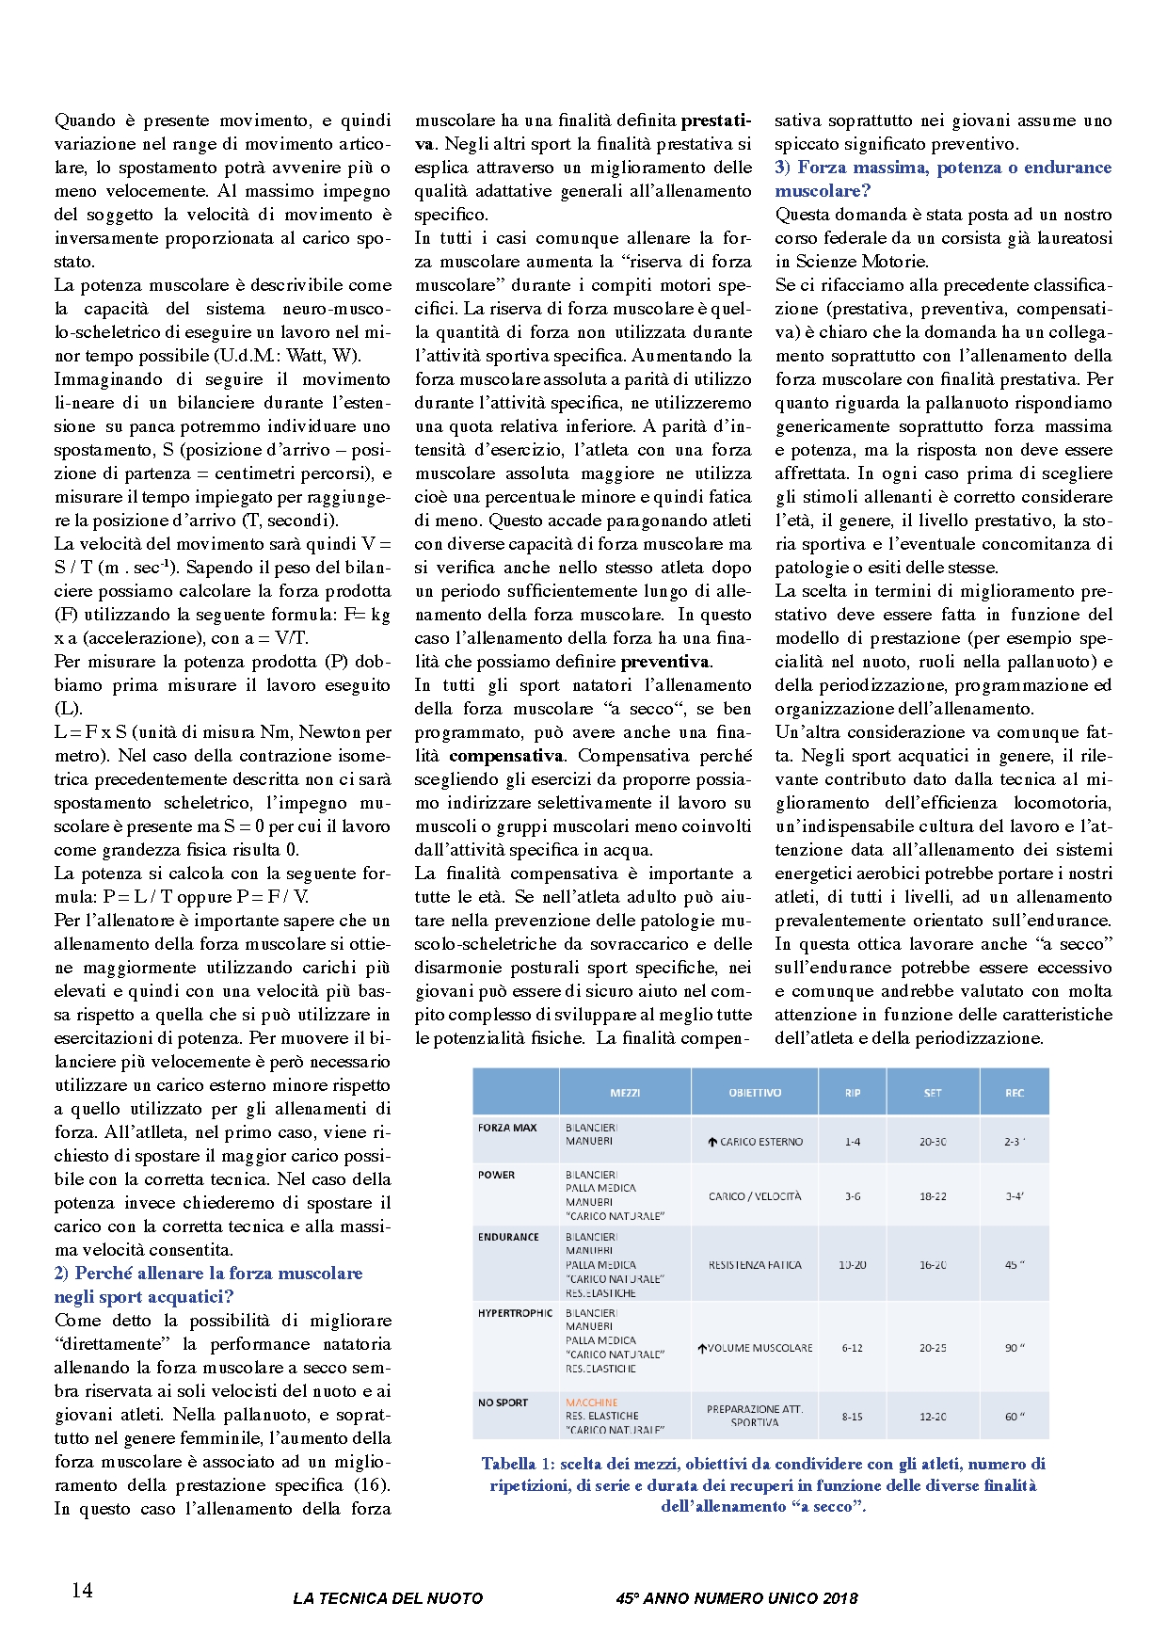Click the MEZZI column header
point(625,1093)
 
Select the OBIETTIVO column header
point(754,1093)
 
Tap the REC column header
point(1014,1093)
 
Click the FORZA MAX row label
point(507,1128)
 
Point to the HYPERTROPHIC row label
point(515,1313)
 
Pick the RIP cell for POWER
point(852,1196)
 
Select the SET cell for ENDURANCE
point(933,1265)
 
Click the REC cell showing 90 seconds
point(1014,1348)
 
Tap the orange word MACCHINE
point(591,1403)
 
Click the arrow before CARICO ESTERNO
point(712,1142)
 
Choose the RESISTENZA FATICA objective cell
point(755,1265)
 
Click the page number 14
point(82,1590)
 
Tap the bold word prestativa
point(716,120)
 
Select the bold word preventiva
point(665,662)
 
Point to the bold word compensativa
point(506,756)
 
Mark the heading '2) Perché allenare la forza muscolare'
point(208,1274)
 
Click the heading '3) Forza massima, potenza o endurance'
point(943,168)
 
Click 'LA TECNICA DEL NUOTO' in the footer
point(388,1597)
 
